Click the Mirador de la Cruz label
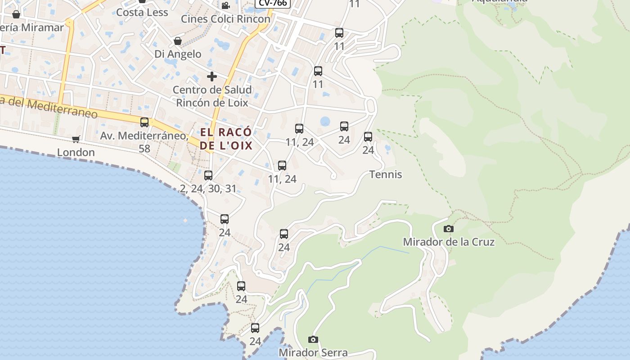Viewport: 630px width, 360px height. (449, 242)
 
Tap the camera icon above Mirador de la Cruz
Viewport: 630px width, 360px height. (448, 229)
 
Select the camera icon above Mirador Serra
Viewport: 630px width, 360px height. (313, 339)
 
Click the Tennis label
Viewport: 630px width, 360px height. (386, 175)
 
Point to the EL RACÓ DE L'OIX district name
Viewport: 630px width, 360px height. (226, 139)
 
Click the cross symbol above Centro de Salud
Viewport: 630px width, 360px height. (211, 76)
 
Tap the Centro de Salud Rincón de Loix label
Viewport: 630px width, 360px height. (212, 96)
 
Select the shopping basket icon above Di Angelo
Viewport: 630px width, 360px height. (178, 41)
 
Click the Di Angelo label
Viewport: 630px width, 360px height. (178, 54)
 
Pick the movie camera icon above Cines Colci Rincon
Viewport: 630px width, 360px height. (225, 6)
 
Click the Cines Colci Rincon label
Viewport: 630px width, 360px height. (225, 19)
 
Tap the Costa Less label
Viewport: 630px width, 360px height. (142, 13)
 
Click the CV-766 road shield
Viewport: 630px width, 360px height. (273, 3)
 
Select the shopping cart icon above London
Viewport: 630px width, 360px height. (76, 139)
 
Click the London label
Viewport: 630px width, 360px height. (76, 152)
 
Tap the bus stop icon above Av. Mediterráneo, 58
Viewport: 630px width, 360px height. (144, 122)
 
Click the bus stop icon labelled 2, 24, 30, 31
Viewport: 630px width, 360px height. (208, 175)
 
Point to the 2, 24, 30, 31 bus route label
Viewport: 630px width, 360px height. (208, 189)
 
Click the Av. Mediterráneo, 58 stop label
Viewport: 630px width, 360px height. (144, 141)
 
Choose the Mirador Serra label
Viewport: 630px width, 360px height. (313, 352)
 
